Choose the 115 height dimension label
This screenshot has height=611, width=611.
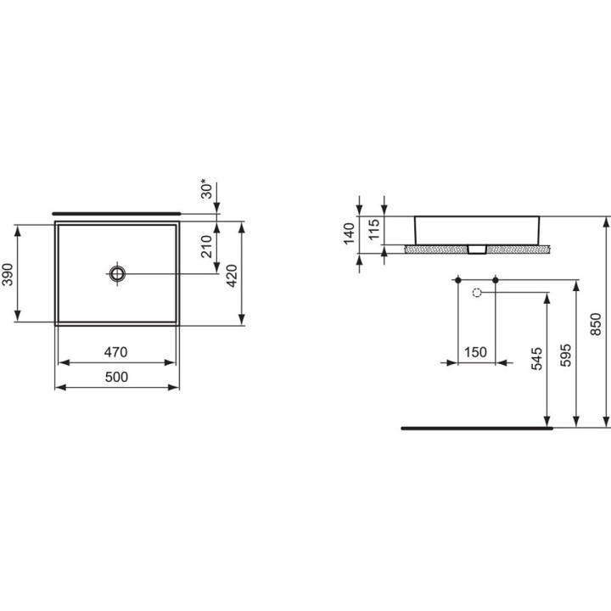(x=373, y=230)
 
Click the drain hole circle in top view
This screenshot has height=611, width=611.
(x=117, y=273)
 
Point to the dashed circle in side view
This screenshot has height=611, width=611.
(x=476, y=293)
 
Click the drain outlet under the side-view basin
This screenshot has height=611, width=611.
(x=476, y=250)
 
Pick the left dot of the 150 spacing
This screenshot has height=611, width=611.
(x=458, y=279)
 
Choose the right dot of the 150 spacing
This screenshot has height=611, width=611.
(x=495, y=279)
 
